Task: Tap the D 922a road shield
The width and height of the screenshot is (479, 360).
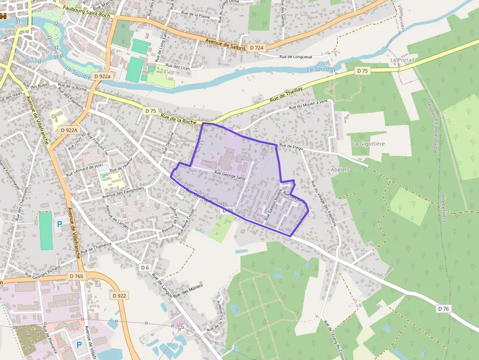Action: (x=103, y=76)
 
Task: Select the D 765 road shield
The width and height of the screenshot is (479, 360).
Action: (x=77, y=276)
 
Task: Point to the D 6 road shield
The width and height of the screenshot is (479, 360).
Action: (x=145, y=267)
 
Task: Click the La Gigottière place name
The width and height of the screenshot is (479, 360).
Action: (x=369, y=144)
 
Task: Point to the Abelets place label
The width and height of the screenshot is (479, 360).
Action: (x=341, y=169)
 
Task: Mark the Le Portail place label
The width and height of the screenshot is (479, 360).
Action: (x=402, y=60)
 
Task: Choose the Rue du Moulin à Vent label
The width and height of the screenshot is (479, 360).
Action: (x=308, y=105)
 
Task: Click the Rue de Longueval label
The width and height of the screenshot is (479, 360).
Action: (x=295, y=57)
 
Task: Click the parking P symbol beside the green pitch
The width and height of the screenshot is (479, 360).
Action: (x=60, y=224)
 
